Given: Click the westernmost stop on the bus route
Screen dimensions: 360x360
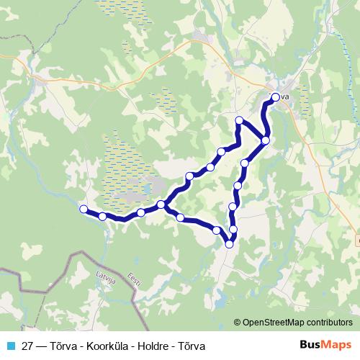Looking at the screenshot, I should click(84, 209).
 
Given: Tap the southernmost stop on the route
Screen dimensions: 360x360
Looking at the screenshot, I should click(230, 244).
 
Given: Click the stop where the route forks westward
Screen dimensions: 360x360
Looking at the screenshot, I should click(161, 205).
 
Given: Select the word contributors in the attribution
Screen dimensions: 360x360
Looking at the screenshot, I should click(330, 323).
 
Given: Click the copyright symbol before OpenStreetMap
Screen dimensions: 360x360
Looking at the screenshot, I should click(238, 323).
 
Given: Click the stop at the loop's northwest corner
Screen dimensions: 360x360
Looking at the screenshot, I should click(239, 120).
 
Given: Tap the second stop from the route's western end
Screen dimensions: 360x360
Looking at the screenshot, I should click(103, 216).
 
